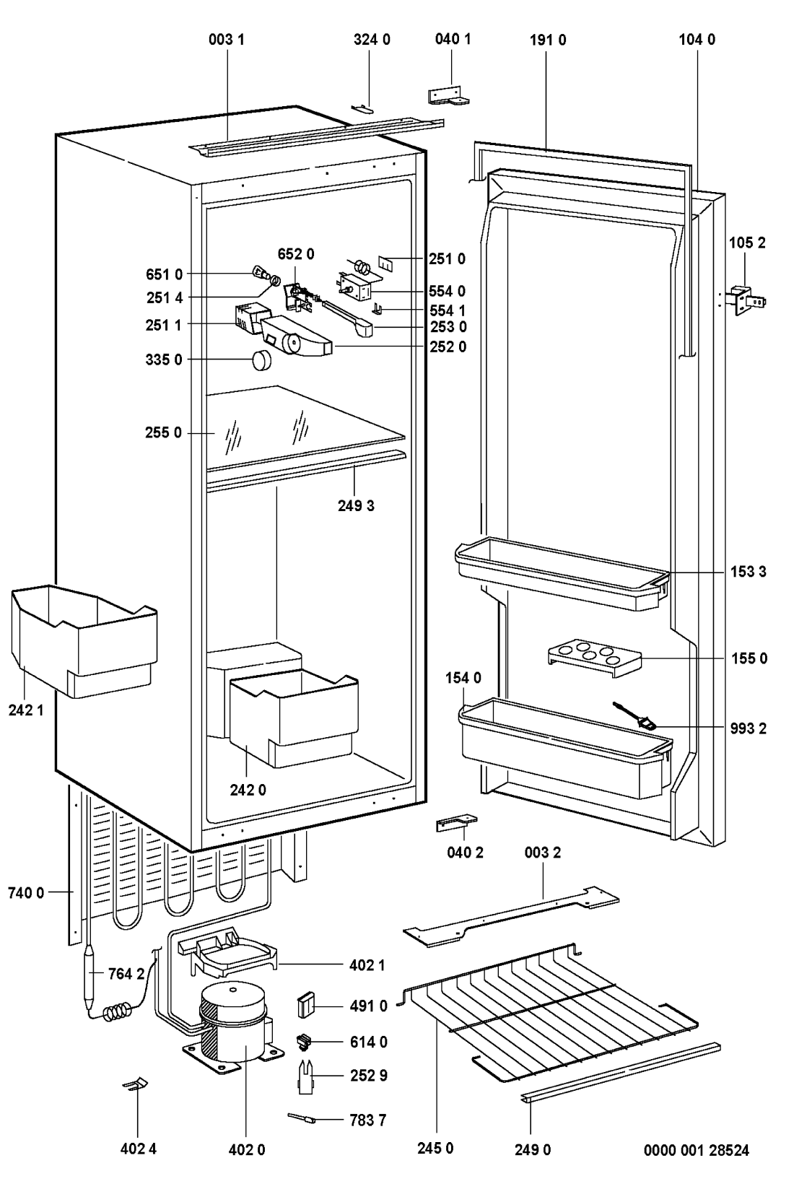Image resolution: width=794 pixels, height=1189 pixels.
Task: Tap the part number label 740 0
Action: (25, 893)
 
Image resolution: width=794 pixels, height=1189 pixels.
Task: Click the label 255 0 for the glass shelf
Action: (163, 433)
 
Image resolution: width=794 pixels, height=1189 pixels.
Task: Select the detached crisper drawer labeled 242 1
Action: (83, 639)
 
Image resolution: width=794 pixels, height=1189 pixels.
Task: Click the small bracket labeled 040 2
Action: (455, 823)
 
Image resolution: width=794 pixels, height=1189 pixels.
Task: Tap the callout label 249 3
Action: (356, 506)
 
